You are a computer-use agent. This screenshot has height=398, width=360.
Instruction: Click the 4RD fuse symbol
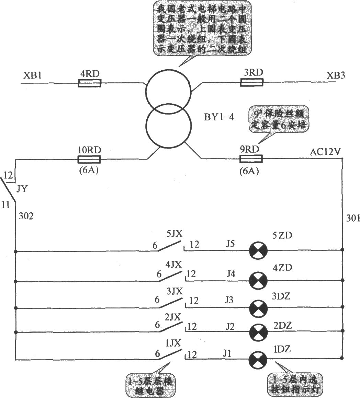[89, 83]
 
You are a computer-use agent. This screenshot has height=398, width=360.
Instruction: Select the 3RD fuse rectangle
[251, 82]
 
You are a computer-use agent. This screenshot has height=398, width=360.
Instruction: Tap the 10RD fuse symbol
[89, 159]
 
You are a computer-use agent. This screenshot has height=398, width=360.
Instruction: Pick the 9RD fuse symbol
[251, 159]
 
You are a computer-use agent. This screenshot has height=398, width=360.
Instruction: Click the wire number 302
[26, 216]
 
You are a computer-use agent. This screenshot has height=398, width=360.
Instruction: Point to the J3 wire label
[229, 300]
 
